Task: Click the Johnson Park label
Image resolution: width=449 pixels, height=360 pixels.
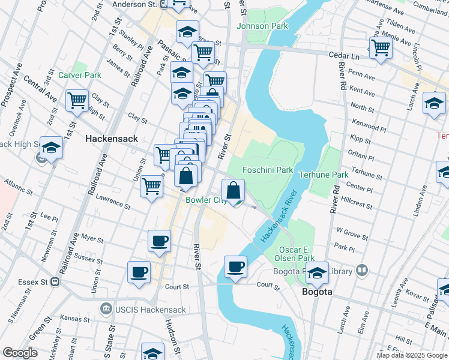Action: tap(262, 26)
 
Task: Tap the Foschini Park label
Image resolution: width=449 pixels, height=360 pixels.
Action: tap(268, 170)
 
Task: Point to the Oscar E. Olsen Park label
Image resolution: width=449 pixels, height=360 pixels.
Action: tap(297, 254)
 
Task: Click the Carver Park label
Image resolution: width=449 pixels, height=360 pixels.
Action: tap(80, 75)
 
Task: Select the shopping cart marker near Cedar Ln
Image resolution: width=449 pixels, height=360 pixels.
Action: tap(381, 48)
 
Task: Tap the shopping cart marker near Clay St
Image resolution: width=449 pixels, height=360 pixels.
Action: tap(77, 101)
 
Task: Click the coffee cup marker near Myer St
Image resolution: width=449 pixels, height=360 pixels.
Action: tap(159, 242)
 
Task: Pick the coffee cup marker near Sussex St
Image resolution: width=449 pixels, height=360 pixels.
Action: tap(139, 273)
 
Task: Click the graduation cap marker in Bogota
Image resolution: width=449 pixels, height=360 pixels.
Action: tap(317, 272)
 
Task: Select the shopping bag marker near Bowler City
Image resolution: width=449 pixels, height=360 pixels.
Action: tap(234, 191)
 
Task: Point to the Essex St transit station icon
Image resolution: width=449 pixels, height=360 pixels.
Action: tap(55, 280)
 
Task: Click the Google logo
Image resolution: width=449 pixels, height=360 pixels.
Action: tap(20, 353)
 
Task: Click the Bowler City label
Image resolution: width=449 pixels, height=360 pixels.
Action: tap(205, 200)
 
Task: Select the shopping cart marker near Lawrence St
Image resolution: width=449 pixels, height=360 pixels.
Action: tap(152, 186)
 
